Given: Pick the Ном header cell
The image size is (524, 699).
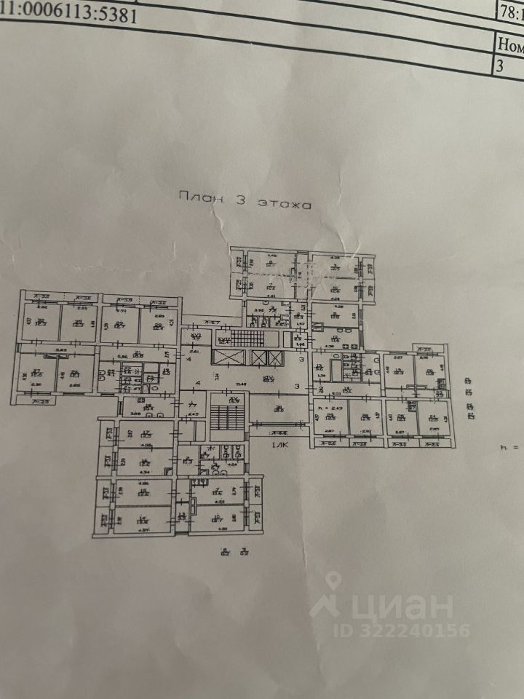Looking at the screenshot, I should point(509,43).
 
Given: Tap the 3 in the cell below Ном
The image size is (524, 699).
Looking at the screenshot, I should point(500,66).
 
